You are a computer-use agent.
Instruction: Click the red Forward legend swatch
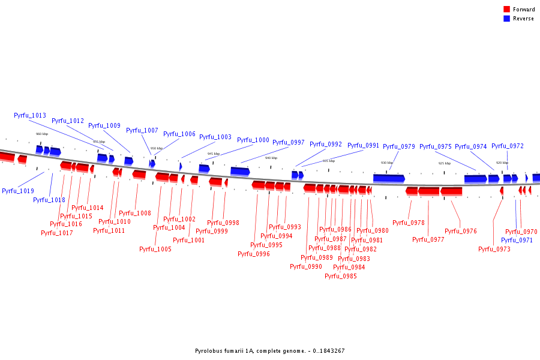coord(506,9)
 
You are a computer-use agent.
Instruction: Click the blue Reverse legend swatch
coord(506,19)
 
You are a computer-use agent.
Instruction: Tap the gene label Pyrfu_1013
coord(30,115)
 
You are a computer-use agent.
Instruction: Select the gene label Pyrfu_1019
coord(18,191)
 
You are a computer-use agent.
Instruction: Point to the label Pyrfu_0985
coord(341,276)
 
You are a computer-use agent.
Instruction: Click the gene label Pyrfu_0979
coord(399,146)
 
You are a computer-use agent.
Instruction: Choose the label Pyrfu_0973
coord(494,249)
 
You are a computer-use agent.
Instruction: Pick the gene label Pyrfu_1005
coord(155,249)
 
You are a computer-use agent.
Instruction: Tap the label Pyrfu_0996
coord(254,254)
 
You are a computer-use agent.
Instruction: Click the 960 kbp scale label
coord(42,134)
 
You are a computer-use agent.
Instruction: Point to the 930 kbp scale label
coord(387,163)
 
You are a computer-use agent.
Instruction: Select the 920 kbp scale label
coord(502,163)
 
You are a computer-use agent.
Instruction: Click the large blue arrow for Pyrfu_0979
coord(389,178)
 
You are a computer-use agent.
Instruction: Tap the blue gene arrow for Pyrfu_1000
coord(240,171)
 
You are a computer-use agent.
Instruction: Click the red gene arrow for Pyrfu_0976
coord(451,191)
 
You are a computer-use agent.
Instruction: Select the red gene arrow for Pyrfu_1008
coord(139,174)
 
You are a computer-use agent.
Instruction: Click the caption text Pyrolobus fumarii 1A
coord(225,351)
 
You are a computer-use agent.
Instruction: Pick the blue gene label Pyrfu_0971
coord(517,240)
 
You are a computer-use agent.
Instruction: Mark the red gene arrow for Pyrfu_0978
coord(412,191)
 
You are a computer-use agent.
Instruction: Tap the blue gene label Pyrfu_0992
coord(326,144)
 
